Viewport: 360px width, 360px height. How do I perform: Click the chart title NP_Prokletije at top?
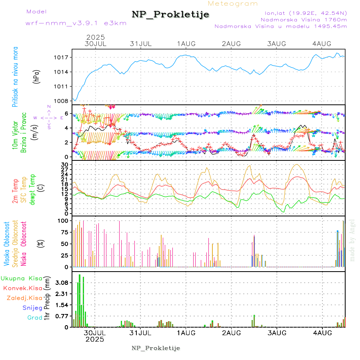tap(170, 15)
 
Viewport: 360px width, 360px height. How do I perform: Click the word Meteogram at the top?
tap(233, 4)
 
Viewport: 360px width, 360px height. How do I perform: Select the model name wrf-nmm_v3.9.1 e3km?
tap(76, 23)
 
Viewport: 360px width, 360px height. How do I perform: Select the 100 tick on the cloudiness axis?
tap(64, 220)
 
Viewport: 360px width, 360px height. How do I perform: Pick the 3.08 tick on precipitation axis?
tap(62, 283)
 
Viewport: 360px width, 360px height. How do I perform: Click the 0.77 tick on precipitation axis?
tap(62, 316)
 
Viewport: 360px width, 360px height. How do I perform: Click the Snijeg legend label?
tap(32, 308)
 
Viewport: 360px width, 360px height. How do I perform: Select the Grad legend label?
tap(34, 318)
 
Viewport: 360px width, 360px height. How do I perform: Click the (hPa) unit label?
tap(36, 76)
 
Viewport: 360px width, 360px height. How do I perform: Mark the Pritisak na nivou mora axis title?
tap(15, 76)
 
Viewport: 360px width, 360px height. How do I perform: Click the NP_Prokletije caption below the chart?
tap(156, 348)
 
